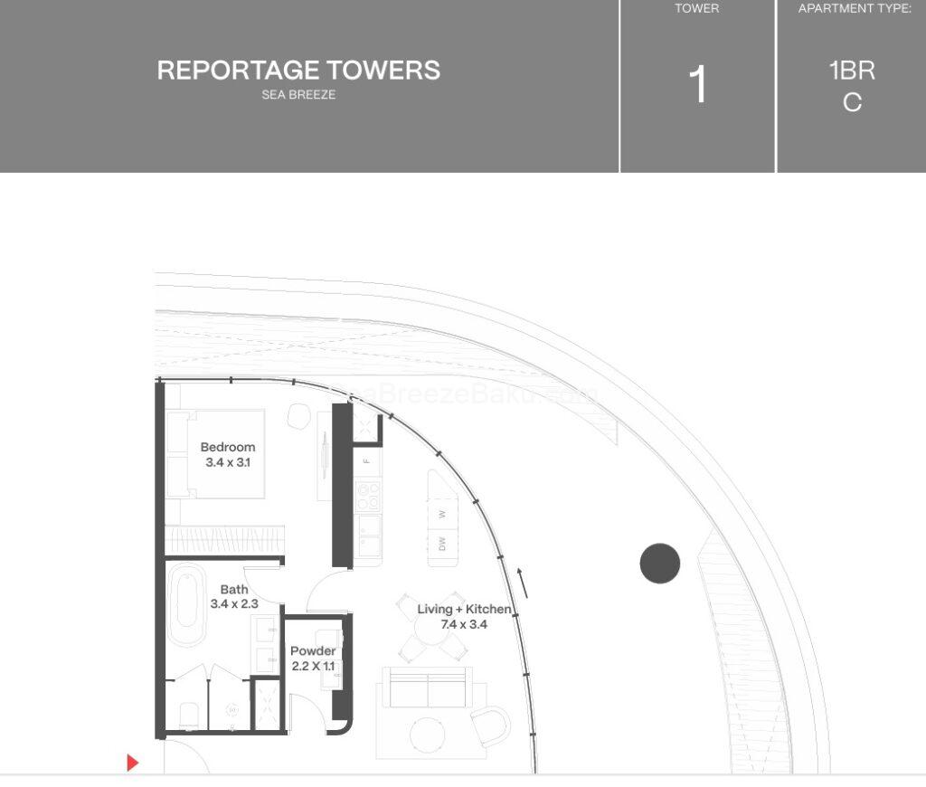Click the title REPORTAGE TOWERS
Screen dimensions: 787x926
[x=298, y=71]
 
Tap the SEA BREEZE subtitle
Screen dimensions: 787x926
[x=298, y=95]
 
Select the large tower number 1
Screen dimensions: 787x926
[x=697, y=86]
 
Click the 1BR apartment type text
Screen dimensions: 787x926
[x=852, y=71]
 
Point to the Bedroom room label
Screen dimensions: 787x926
[x=228, y=447]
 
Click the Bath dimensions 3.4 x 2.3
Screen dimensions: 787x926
[x=234, y=603]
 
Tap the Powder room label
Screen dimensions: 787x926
[x=313, y=651]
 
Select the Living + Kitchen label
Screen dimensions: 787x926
[x=464, y=609]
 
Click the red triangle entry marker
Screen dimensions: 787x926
[x=132, y=763]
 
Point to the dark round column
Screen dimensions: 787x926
[x=659, y=564]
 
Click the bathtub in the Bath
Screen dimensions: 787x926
[x=186, y=605]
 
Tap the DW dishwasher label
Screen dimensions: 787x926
[x=442, y=544]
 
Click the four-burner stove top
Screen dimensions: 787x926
[x=368, y=495]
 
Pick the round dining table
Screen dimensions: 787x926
[x=433, y=637]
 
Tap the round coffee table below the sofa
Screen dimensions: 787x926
[x=427, y=735]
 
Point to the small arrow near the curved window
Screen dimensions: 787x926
[x=522, y=582]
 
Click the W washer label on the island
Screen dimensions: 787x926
[x=442, y=514]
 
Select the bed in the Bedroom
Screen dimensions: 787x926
[x=217, y=454]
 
